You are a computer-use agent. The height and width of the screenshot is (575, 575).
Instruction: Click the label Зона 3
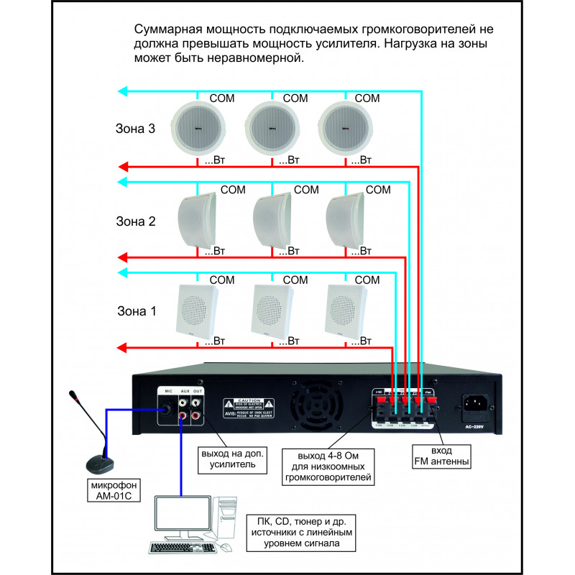click(135, 129)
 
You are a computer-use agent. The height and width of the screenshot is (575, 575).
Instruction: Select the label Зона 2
click(135, 221)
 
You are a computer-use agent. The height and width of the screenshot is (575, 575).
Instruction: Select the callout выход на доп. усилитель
click(232, 459)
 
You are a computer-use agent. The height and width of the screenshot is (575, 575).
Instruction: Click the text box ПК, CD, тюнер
click(302, 533)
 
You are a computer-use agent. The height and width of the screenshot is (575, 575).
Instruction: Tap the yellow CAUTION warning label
click(248, 408)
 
